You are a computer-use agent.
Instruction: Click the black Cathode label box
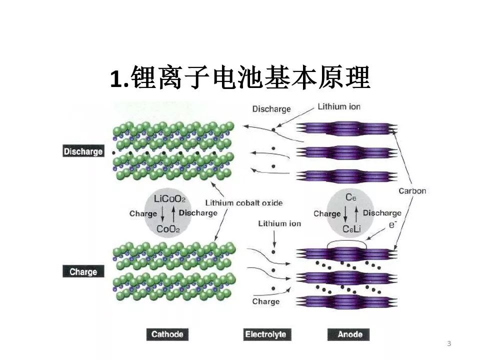point(167,334)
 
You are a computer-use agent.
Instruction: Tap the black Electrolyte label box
point(267,334)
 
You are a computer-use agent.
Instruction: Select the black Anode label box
point(349,334)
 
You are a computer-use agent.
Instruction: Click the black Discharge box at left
point(83,151)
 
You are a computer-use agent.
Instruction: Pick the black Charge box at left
point(83,272)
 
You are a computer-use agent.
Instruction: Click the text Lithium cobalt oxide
point(244,203)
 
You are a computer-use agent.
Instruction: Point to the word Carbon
point(412,191)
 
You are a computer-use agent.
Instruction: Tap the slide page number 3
point(449,343)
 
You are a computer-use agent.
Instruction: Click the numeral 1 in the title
point(116,79)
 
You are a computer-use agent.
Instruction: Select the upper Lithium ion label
point(339,106)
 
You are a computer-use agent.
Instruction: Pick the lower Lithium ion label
point(279,223)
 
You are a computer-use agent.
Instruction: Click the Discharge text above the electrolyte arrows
point(271,108)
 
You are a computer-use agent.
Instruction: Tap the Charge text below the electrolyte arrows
point(265,301)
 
